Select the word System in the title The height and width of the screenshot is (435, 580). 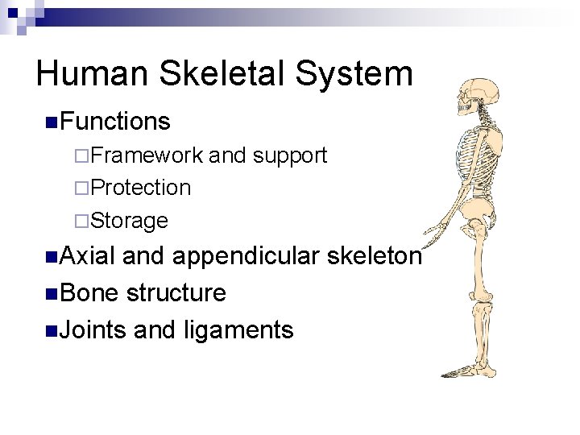[x=355, y=74]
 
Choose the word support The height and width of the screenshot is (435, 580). [x=289, y=155]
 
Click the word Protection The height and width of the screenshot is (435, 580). [x=141, y=188]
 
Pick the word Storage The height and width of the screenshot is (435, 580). [x=130, y=220]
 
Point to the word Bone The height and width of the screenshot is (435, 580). [x=89, y=293]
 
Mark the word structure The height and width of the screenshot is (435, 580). [x=176, y=293]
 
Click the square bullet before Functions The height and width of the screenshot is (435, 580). [x=51, y=122]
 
